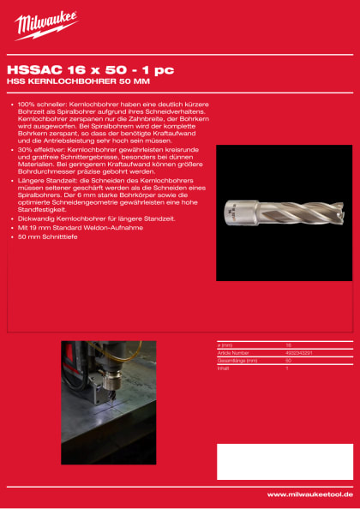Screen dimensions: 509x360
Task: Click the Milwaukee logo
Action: click(x=45, y=25)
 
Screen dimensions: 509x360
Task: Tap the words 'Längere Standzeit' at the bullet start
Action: click(x=44, y=181)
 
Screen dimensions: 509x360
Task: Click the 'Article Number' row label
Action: click(x=233, y=352)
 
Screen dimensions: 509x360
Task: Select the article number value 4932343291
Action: click(x=299, y=352)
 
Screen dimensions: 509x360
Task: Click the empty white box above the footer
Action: click(x=284, y=461)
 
